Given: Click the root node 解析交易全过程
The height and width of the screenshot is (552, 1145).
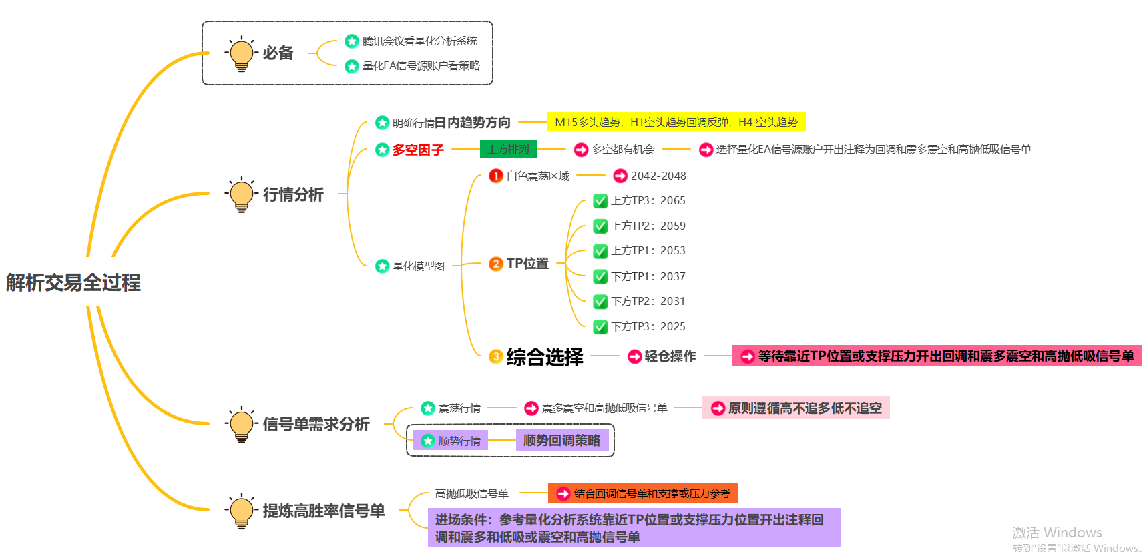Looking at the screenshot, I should click(x=73, y=282).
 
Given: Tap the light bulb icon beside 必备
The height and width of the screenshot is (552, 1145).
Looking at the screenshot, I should click(x=242, y=54).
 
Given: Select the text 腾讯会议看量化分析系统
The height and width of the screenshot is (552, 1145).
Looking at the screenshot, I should click(x=419, y=41).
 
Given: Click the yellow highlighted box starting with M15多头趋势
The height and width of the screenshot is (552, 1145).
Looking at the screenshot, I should click(x=676, y=122).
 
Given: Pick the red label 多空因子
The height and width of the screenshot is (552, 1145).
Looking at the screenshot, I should click(x=418, y=150).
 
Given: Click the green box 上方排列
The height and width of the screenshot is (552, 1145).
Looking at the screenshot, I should click(x=508, y=149).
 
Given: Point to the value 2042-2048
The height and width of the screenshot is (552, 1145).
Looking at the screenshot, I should click(x=658, y=176).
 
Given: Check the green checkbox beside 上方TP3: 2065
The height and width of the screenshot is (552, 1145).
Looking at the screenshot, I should click(x=600, y=201).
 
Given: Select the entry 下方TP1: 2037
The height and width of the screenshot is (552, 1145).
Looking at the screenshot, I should click(x=648, y=276).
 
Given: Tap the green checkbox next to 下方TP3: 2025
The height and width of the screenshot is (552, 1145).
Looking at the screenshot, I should click(x=600, y=326).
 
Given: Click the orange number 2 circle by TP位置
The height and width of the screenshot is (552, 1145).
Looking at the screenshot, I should click(x=495, y=264).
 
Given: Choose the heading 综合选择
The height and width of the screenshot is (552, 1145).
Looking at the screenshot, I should click(x=544, y=357).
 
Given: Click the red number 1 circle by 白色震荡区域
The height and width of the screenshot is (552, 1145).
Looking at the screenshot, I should click(x=495, y=176).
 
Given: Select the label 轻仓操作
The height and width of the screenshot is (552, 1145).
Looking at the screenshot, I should click(x=670, y=356).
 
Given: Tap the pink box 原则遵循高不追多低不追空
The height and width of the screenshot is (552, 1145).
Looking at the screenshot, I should click(x=796, y=408).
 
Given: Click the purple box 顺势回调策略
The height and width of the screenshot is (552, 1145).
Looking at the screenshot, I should click(x=561, y=441).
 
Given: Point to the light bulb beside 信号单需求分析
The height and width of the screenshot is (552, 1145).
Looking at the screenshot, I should click(x=242, y=425).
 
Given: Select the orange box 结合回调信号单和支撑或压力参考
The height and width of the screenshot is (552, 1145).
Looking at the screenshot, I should click(x=643, y=493).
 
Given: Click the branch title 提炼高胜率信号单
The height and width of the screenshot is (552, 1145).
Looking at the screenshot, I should click(x=323, y=511).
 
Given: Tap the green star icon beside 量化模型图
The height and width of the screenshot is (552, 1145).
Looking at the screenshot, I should click(x=382, y=266).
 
